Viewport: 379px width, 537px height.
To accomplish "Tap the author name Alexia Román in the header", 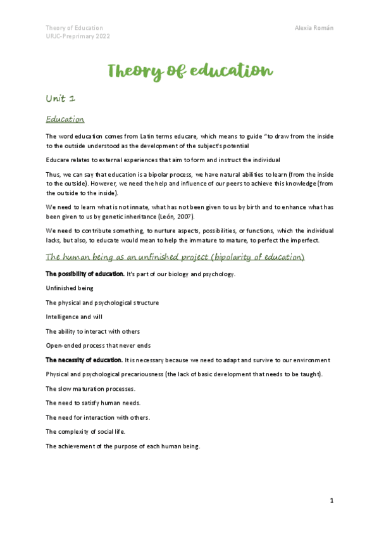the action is [x=314, y=28].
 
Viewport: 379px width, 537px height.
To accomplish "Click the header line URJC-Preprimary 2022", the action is [x=78, y=37].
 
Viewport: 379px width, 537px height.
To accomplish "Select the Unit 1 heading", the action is [x=61, y=99].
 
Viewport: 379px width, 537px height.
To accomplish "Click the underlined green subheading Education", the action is [x=65, y=119].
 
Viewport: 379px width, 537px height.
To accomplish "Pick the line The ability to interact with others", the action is [x=92, y=331].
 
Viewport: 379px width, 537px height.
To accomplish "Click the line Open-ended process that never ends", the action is [x=98, y=346].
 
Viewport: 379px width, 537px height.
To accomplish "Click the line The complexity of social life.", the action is [x=85, y=431].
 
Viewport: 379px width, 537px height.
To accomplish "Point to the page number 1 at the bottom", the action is [x=332, y=501].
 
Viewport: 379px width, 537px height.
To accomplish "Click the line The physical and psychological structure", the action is [x=102, y=303].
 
